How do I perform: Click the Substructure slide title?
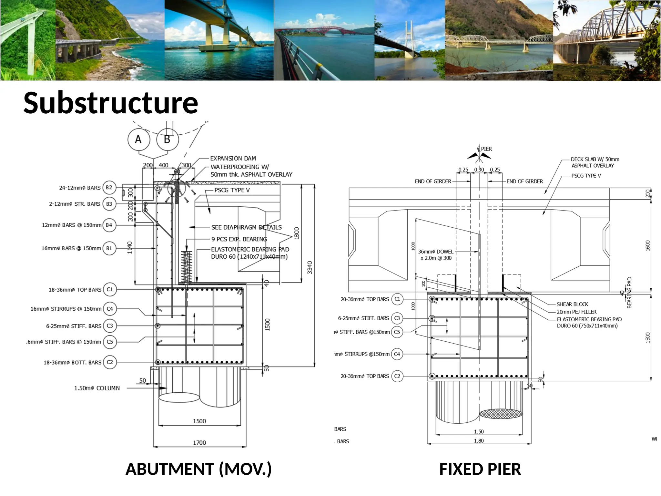(x=111, y=103)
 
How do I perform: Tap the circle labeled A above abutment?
(x=138, y=139)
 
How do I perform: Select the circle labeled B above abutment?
(x=167, y=139)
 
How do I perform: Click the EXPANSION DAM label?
(x=233, y=159)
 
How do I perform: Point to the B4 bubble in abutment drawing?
(x=109, y=225)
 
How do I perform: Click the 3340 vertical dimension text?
(x=310, y=267)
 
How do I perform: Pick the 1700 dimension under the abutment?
(x=199, y=443)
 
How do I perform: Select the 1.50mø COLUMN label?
(x=97, y=388)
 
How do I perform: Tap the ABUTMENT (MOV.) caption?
(x=198, y=469)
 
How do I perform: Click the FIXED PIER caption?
(x=480, y=469)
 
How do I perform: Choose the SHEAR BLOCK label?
(x=572, y=304)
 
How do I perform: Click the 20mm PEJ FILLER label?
(x=576, y=312)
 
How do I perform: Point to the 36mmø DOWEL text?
(x=436, y=252)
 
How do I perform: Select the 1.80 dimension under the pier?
(x=479, y=441)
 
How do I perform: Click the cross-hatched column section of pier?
(x=501, y=414)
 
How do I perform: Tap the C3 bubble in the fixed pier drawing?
(x=397, y=318)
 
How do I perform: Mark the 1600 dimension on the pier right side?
(x=647, y=245)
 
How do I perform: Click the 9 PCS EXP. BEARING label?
(x=239, y=239)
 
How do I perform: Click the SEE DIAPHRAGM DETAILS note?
(x=246, y=227)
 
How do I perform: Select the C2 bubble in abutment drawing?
(x=110, y=362)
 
